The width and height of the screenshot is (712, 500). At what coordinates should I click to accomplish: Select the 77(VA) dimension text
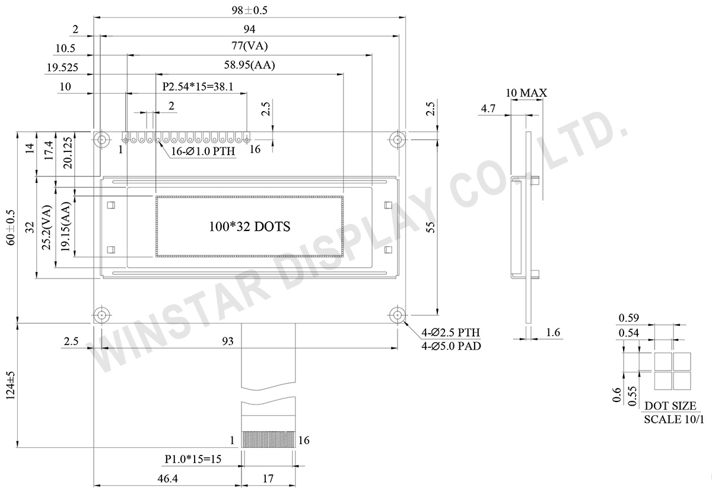(250, 47)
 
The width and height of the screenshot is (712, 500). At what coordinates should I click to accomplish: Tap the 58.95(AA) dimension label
(250, 66)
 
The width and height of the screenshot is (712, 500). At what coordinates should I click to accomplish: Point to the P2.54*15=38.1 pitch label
(197, 87)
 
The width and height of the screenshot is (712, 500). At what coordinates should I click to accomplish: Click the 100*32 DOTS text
(249, 226)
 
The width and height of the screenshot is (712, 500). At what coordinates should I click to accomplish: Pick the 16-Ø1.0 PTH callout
(203, 151)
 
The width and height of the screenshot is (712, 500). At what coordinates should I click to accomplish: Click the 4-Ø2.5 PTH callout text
(451, 333)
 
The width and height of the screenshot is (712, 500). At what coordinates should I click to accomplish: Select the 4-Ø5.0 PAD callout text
(451, 346)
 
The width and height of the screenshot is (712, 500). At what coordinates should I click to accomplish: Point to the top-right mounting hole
(396, 139)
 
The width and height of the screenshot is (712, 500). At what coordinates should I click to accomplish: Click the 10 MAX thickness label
(526, 93)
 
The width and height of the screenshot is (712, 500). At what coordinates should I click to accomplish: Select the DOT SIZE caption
(670, 406)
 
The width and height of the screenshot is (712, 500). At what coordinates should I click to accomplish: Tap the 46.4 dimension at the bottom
(167, 479)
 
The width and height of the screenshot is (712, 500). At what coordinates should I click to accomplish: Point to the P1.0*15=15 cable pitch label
(193, 459)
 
